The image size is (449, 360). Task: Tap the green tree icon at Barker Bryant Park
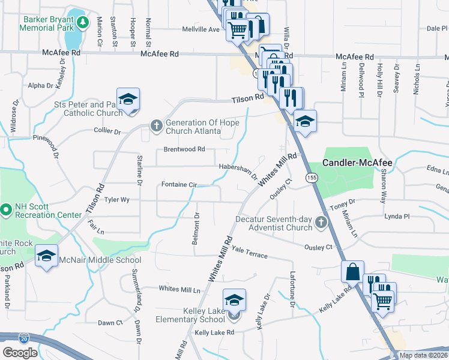point(83,23)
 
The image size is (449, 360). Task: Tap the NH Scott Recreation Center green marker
point(6,209)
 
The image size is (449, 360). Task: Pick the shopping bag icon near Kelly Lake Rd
point(353,271)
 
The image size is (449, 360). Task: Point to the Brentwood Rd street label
point(184,149)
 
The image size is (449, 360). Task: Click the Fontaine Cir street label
point(179,185)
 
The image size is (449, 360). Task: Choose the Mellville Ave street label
point(201,29)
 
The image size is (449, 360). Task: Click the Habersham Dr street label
point(238,172)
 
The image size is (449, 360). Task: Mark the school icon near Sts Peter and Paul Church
point(128,99)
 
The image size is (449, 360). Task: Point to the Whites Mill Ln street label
point(179,289)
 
